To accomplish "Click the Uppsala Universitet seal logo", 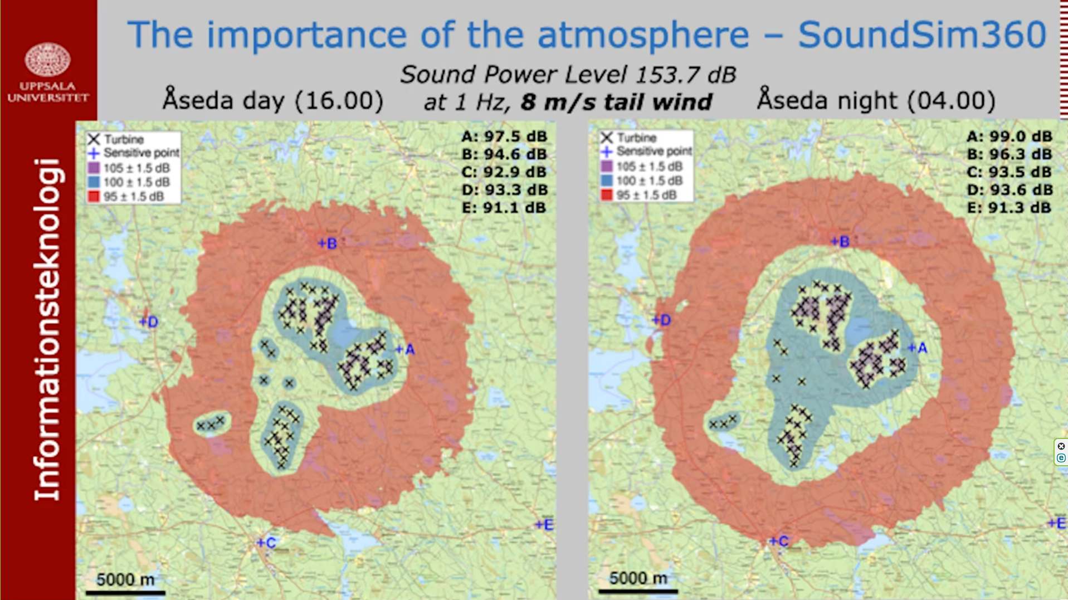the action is pyautogui.click(x=48, y=59).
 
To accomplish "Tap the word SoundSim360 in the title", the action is pyautogui.click(x=922, y=35).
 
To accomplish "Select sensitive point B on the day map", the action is pyautogui.click(x=327, y=243).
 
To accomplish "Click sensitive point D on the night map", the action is pyautogui.click(x=662, y=320).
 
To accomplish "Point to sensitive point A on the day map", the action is pyautogui.click(x=405, y=349).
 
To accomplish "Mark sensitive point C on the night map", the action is pyautogui.click(x=779, y=541).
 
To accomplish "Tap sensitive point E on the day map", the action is pyautogui.click(x=544, y=524).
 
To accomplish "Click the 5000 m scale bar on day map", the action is pyautogui.click(x=125, y=592).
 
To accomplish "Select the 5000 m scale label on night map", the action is pyautogui.click(x=638, y=578).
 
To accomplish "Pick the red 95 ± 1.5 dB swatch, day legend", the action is pyautogui.click(x=94, y=196).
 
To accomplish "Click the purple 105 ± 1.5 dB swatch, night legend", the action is pyautogui.click(x=607, y=166).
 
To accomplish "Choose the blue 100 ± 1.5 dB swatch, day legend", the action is pyautogui.click(x=94, y=182).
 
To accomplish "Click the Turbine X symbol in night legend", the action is pyautogui.click(x=607, y=137).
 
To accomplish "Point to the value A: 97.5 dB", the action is pyautogui.click(x=504, y=136).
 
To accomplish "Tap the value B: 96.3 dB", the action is pyautogui.click(x=1010, y=154).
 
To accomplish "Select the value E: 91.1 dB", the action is pyautogui.click(x=504, y=208).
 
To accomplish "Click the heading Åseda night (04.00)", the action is pyautogui.click(x=876, y=100).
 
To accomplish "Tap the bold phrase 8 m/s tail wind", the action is pyautogui.click(x=617, y=103).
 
